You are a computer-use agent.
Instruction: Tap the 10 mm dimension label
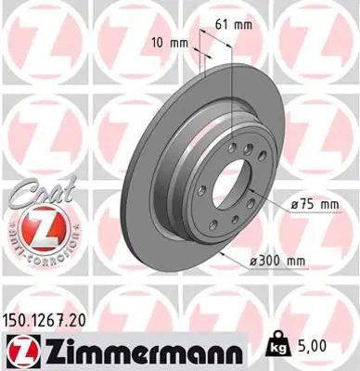[172, 43]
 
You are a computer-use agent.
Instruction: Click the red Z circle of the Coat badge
[33, 226]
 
